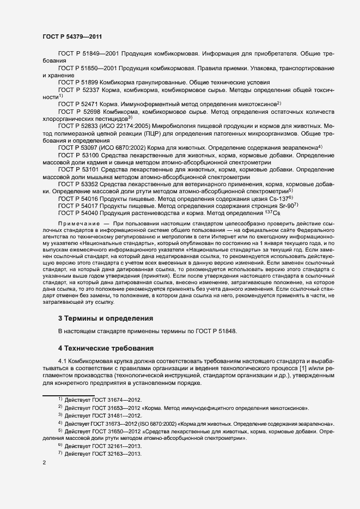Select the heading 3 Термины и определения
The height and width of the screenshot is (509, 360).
pos(105,318)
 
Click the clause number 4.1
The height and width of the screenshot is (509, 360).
pos(62,361)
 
